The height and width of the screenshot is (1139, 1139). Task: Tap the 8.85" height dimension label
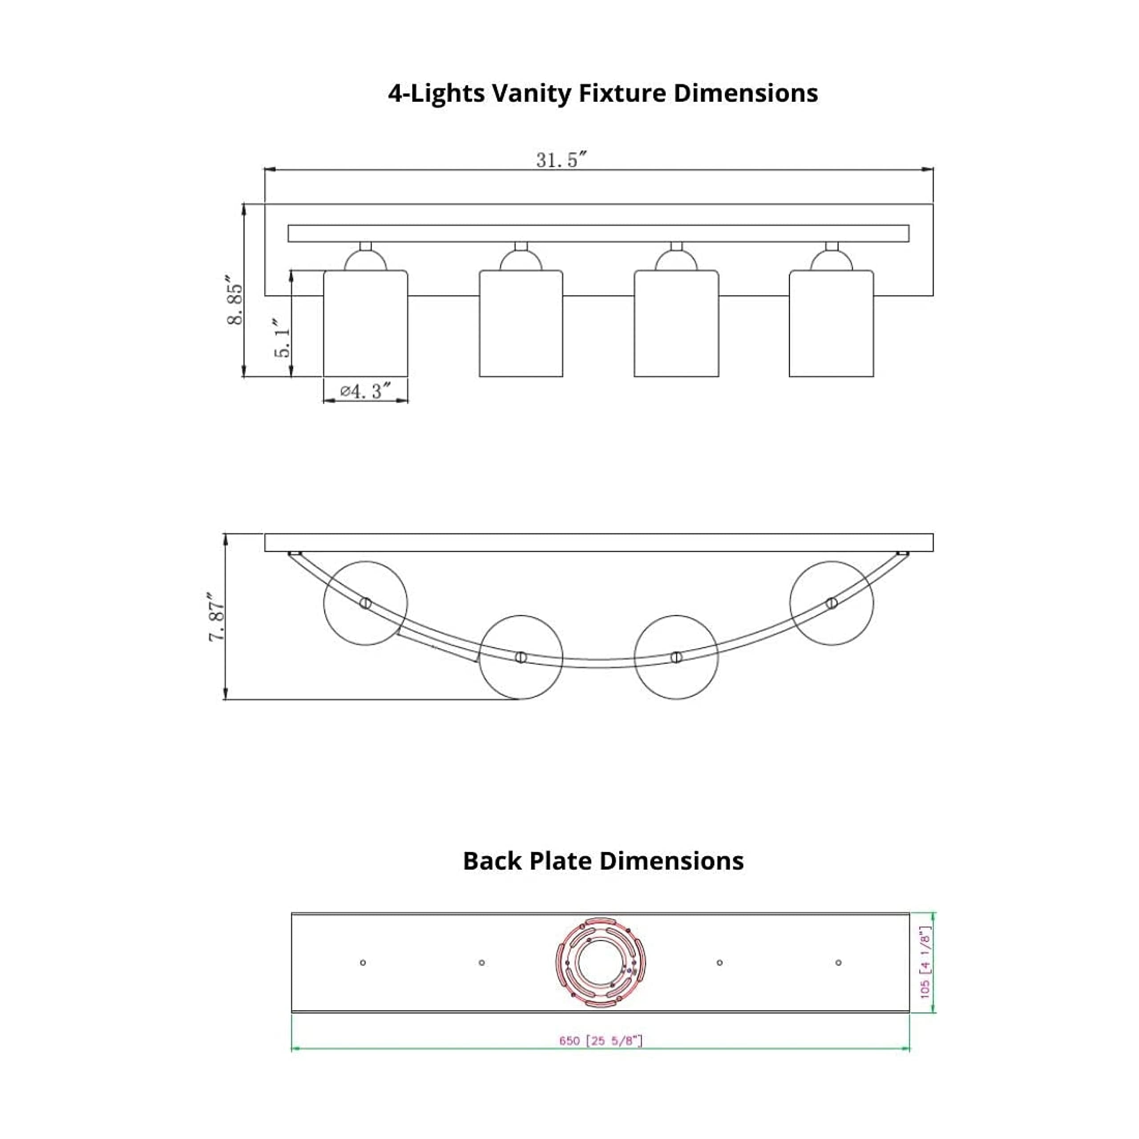[x=234, y=304]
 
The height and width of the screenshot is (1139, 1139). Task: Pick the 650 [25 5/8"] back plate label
[x=600, y=1041]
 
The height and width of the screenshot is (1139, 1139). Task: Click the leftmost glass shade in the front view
[x=366, y=323]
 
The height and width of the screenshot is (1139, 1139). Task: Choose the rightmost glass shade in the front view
[x=831, y=323]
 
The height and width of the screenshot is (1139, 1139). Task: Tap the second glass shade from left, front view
[x=521, y=323]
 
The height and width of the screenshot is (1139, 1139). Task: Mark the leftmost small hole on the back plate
[x=363, y=963]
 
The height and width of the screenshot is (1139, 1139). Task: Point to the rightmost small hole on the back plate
[x=838, y=963]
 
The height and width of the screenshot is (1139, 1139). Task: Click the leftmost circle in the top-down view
[x=366, y=602]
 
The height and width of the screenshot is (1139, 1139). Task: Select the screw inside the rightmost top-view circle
[x=831, y=602]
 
